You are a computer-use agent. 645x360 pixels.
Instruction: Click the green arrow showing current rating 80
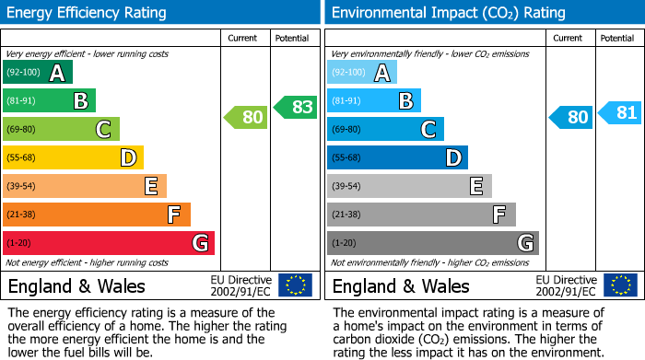(x=245, y=117)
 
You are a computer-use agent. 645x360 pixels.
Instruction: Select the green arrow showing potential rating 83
(x=295, y=107)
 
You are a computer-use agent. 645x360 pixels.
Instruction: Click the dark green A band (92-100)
(x=38, y=73)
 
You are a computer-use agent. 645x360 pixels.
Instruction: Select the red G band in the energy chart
(x=109, y=243)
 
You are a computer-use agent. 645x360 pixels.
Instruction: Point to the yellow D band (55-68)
(x=74, y=157)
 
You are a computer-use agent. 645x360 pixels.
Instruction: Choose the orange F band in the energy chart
(x=97, y=215)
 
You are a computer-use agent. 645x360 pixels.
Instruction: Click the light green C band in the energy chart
(x=62, y=129)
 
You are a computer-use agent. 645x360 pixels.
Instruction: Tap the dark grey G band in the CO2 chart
(x=432, y=243)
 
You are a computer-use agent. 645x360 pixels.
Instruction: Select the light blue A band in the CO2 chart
(x=362, y=73)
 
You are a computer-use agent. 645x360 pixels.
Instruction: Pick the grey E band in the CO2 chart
(x=409, y=186)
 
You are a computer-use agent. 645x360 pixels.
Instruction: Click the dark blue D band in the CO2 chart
(x=397, y=157)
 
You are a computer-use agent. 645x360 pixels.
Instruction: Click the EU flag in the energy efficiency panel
(x=295, y=285)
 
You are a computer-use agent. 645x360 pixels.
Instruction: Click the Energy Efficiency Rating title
(x=87, y=13)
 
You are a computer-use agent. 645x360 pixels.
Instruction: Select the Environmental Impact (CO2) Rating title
(x=448, y=13)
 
